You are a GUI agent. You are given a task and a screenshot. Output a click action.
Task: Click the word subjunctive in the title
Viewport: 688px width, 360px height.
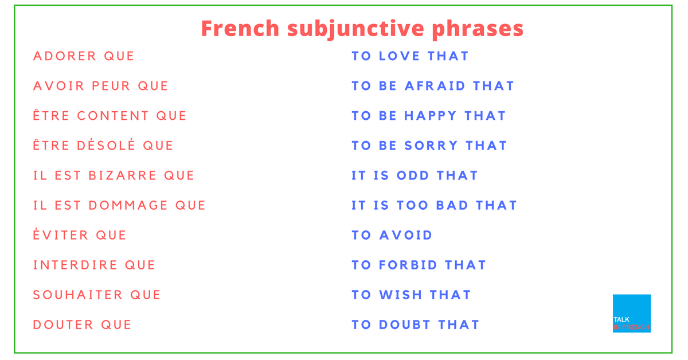tap(356, 29)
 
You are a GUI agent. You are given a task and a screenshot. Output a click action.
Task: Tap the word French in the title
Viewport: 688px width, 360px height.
tap(240, 28)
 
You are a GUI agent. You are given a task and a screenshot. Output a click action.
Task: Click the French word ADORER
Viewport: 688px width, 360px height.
tap(64, 56)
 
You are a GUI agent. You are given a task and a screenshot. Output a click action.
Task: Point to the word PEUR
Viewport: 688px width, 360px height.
tap(111, 86)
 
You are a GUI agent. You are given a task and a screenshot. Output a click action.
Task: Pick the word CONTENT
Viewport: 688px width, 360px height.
tap(113, 116)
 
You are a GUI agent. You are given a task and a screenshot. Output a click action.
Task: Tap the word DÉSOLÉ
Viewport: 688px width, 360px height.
tap(106, 144)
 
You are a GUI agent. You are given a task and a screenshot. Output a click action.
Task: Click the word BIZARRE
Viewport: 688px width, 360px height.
tap(123, 175)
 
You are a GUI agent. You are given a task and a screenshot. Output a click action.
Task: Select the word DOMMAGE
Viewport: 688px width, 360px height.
tap(128, 205)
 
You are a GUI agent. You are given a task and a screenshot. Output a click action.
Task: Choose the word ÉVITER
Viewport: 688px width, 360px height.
tap(61, 234)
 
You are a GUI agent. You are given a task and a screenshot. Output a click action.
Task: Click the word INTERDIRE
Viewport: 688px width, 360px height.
tap(75, 265)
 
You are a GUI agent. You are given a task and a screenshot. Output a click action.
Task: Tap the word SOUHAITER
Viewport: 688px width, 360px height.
tap(78, 295)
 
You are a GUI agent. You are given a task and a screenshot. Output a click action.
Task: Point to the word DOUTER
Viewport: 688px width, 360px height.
tap(63, 324)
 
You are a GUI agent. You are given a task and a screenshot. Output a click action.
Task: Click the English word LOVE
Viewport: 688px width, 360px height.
tap(399, 56)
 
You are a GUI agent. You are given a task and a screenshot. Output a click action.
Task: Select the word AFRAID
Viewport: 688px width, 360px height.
tap(435, 86)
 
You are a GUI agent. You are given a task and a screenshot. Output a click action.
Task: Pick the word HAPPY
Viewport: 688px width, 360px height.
tap(431, 116)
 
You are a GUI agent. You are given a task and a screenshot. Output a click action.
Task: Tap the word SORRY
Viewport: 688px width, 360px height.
tap(431, 146)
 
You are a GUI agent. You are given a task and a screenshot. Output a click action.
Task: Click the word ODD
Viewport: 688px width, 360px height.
tap(413, 175)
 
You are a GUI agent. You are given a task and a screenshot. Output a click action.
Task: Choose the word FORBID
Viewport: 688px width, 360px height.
tap(408, 265)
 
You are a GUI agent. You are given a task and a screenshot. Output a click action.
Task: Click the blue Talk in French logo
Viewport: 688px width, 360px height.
tap(632, 314)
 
